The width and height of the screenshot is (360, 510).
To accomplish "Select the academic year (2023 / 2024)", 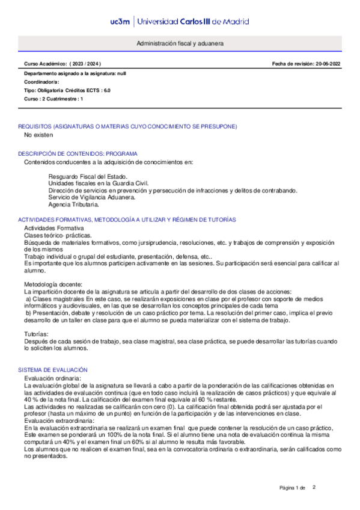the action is click(x=85, y=64).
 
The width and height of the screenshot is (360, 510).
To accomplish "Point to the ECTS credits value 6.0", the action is click(x=106, y=90).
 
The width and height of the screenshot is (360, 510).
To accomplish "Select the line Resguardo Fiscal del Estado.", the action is click(x=84, y=176).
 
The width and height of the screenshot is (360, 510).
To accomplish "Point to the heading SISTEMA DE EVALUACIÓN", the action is click(x=53, y=369).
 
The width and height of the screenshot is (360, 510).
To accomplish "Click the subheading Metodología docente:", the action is click(x=57, y=284).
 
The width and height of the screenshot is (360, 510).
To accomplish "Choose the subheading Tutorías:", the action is click(x=38, y=333).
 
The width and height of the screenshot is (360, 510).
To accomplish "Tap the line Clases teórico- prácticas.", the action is click(x=58, y=236).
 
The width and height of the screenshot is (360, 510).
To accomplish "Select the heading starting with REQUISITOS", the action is click(x=127, y=126).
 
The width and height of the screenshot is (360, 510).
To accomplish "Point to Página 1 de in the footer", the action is click(x=293, y=487).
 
